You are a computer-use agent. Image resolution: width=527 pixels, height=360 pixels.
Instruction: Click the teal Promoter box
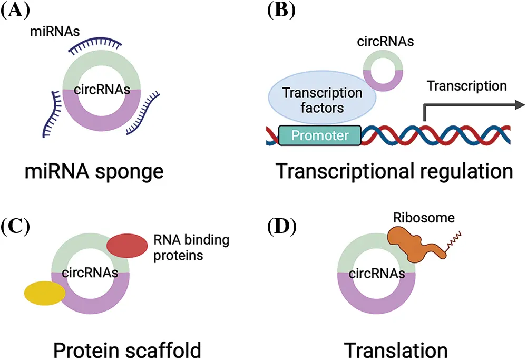[x=320, y=135]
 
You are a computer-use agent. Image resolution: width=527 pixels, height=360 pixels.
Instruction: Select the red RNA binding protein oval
[x=128, y=245]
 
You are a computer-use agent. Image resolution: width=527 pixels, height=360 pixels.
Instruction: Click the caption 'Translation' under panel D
[x=396, y=348]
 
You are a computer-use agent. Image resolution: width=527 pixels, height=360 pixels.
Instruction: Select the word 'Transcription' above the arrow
[x=466, y=85]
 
